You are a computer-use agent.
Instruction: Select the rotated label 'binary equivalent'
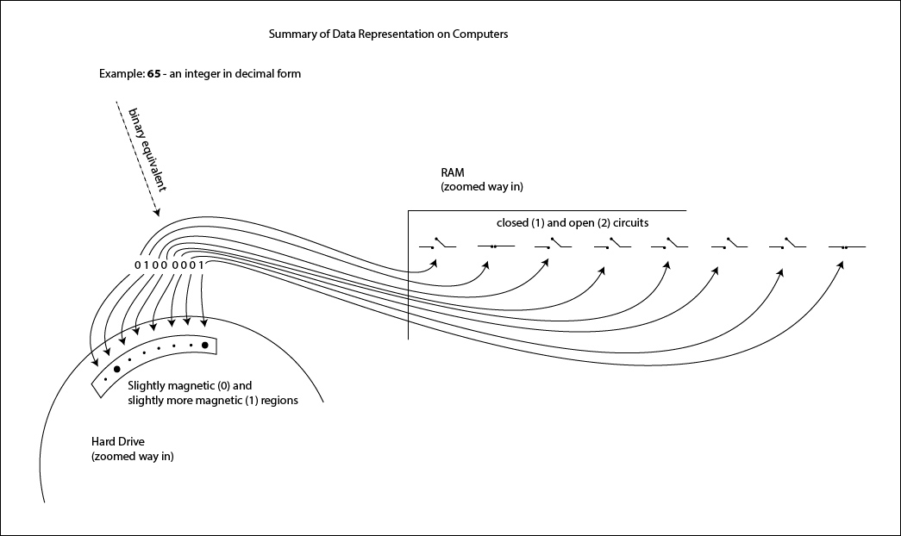coord(145,148)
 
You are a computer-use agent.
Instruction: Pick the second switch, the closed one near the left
coord(493,247)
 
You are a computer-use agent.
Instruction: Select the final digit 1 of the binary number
coord(202,265)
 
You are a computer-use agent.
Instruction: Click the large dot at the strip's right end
coord(205,346)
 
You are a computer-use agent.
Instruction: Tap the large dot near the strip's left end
coord(116,369)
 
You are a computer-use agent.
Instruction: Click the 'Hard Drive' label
coord(118,442)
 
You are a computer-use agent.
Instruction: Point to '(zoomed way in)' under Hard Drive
coord(132,456)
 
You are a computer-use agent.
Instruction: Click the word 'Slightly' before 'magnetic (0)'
coord(147,386)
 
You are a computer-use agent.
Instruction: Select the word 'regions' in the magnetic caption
coord(278,401)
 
